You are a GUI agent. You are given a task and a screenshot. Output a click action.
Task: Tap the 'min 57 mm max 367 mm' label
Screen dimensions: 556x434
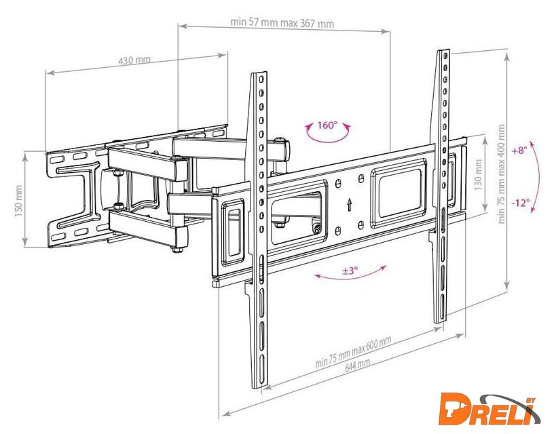coord(282,23)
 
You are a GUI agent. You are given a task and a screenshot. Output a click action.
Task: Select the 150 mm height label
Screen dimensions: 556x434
coord(19,201)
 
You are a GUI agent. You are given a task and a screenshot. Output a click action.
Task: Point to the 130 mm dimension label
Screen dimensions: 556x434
coord(478,174)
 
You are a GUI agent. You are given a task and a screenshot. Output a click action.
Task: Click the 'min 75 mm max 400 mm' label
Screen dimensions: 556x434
coord(501,174)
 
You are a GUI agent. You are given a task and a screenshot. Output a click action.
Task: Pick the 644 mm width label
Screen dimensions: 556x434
coord(357,365)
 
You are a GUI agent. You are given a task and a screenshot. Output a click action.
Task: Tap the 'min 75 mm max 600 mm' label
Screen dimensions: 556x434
coord(353,352)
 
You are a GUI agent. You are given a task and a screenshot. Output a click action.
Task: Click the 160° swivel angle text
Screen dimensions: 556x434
coord(327,125)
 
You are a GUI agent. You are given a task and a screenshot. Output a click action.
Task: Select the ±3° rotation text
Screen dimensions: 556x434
coord(350,271)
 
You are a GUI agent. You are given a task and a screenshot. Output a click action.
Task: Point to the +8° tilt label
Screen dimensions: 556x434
coord(519,151)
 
